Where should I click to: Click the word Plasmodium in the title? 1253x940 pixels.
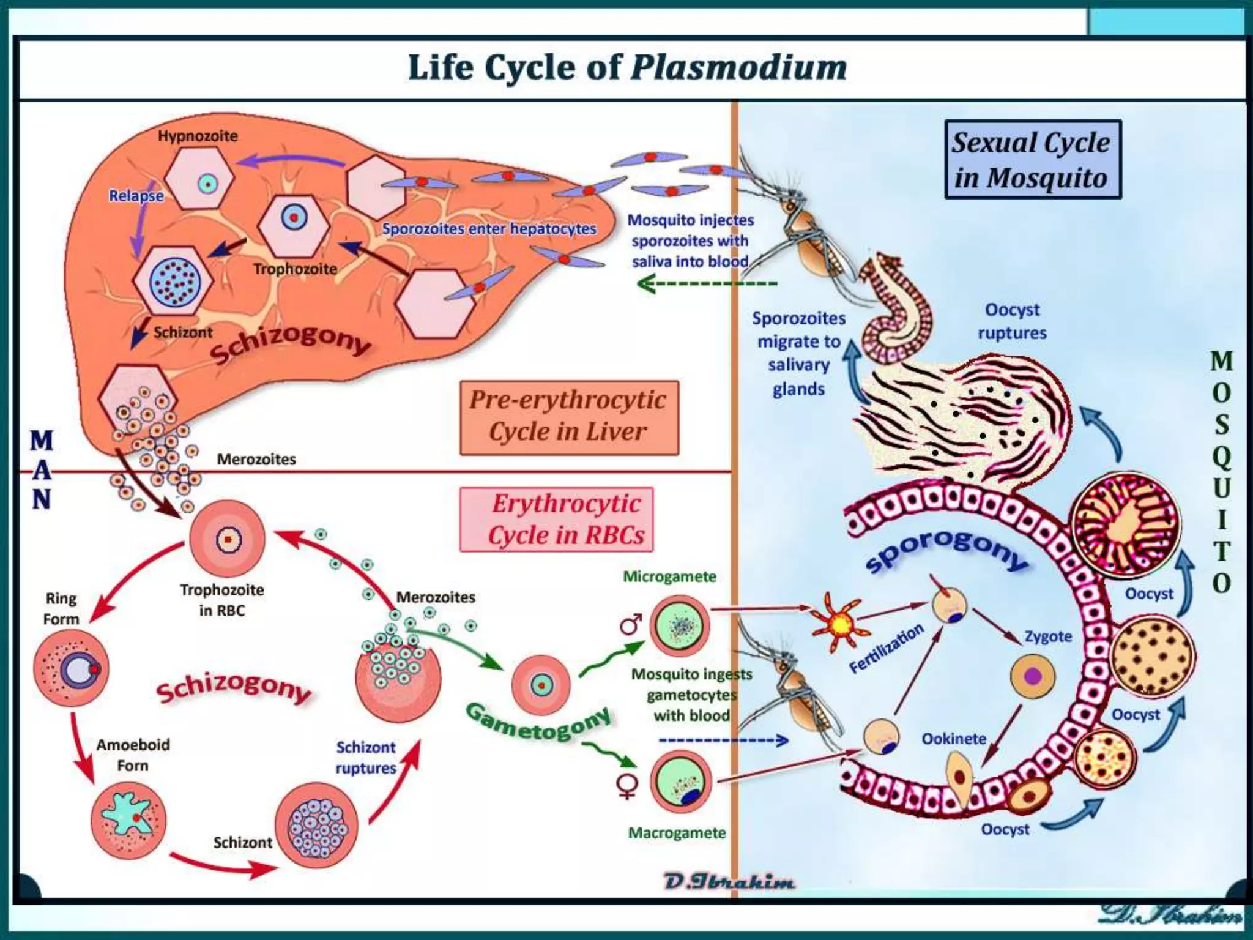[738, 67]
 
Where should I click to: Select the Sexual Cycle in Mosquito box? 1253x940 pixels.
[1032, 160]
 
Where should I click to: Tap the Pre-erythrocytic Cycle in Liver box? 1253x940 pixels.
[568, 417]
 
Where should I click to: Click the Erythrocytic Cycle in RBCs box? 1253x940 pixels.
[556, 520]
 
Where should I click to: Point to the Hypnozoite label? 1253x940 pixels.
[198, 136]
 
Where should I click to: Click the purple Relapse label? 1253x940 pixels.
[136, 196]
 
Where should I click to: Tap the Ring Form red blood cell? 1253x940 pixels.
[72, 668]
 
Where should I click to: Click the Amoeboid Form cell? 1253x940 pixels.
[128, 819]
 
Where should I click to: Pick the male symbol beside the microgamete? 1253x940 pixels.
[630, 624]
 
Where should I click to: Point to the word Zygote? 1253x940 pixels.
[1048, 636]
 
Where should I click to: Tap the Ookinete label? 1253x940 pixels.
[953, 739]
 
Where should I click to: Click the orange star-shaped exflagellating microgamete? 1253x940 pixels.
[840, 623]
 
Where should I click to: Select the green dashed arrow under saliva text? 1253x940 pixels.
[707, 284]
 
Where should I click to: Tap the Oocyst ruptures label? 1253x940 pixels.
[1012, 321]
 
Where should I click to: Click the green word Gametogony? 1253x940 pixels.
[538, 722]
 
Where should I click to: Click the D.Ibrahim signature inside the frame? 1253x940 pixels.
[729, 882]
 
